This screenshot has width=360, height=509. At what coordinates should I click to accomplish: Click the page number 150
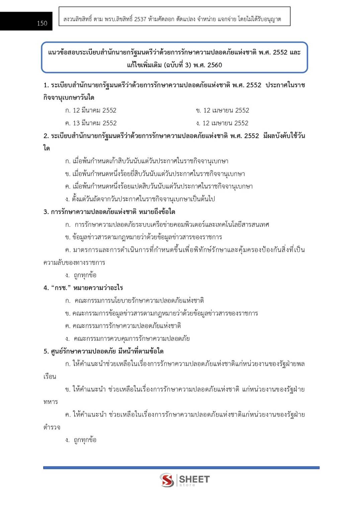42,23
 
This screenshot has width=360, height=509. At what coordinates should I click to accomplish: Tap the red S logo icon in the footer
167,480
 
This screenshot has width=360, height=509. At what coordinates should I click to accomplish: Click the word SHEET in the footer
194,479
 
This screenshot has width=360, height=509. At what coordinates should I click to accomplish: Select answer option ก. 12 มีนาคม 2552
91,110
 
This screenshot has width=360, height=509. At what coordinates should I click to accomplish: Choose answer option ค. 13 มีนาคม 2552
91,123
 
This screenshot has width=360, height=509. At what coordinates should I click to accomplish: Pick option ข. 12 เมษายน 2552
222,110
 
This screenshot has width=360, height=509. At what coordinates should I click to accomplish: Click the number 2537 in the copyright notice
140,19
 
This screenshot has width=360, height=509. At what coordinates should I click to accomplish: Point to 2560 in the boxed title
214,65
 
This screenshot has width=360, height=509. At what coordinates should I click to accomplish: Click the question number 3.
46,212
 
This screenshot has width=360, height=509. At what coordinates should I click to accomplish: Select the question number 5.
46,351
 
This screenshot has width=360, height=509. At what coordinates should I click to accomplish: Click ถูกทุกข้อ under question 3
85,275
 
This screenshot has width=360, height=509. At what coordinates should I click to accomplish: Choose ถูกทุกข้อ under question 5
85,440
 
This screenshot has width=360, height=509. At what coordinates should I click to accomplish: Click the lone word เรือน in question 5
50,377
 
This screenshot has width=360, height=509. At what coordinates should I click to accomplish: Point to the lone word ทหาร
51,402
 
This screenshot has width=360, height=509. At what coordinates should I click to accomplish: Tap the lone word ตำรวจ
52,427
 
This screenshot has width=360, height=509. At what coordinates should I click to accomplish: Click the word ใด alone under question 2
47,148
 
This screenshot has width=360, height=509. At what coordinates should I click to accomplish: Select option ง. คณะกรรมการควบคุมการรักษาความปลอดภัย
127,338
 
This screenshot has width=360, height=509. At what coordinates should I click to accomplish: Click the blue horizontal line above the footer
181,468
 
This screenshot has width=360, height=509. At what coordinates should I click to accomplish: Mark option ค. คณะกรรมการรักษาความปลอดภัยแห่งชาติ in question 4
123,326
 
